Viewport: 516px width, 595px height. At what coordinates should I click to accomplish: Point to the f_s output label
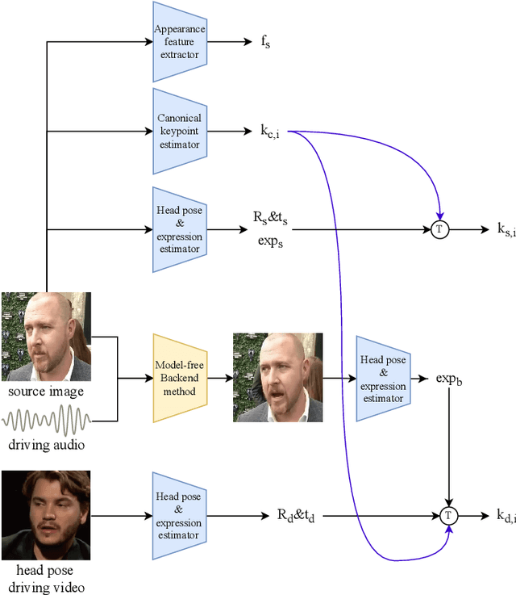pos(265,43)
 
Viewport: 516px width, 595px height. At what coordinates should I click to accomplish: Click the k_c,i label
pos(270,132)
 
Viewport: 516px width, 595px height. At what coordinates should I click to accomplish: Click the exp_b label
pos(450,378)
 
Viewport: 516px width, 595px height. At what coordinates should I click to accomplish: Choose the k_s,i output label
pos(506,231)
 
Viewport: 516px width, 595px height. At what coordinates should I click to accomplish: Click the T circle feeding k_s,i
pos(439,229)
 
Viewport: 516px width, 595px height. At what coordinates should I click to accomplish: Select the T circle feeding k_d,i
pos(449,514)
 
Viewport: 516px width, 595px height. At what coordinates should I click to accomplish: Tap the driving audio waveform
pos(46,421)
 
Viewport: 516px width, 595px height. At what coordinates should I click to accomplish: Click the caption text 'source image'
pos(46,392)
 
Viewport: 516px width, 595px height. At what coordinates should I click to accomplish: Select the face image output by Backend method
pos(277,377)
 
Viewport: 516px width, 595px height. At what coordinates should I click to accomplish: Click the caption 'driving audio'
pos(46,444)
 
